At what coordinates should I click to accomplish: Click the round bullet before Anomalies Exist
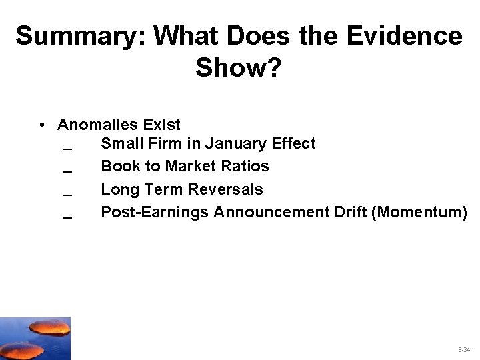pyautogui.click(x=42, y=125)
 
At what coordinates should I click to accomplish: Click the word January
pyautogui.click(x=235, y=143)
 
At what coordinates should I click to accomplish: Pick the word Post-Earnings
pyautogui.click(x=154, y=212)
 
